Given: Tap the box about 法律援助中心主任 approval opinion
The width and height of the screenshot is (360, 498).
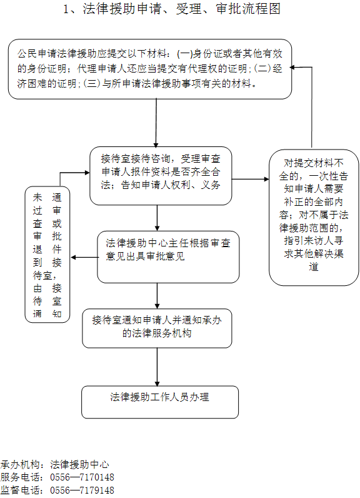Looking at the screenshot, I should [168, 257].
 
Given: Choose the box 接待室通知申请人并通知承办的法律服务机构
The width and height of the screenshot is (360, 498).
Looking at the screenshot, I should [156, 327].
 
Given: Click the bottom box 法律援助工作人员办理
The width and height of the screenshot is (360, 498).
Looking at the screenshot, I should [159, 402].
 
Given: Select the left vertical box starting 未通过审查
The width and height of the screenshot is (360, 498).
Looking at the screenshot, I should [47, 253].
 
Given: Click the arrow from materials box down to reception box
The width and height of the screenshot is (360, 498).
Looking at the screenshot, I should [156, 123].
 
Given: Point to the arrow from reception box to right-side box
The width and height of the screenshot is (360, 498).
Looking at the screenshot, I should [249, 179].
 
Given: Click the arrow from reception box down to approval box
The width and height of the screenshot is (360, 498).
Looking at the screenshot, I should [156, 218].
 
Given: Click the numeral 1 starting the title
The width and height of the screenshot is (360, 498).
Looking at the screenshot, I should [67, 9].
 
